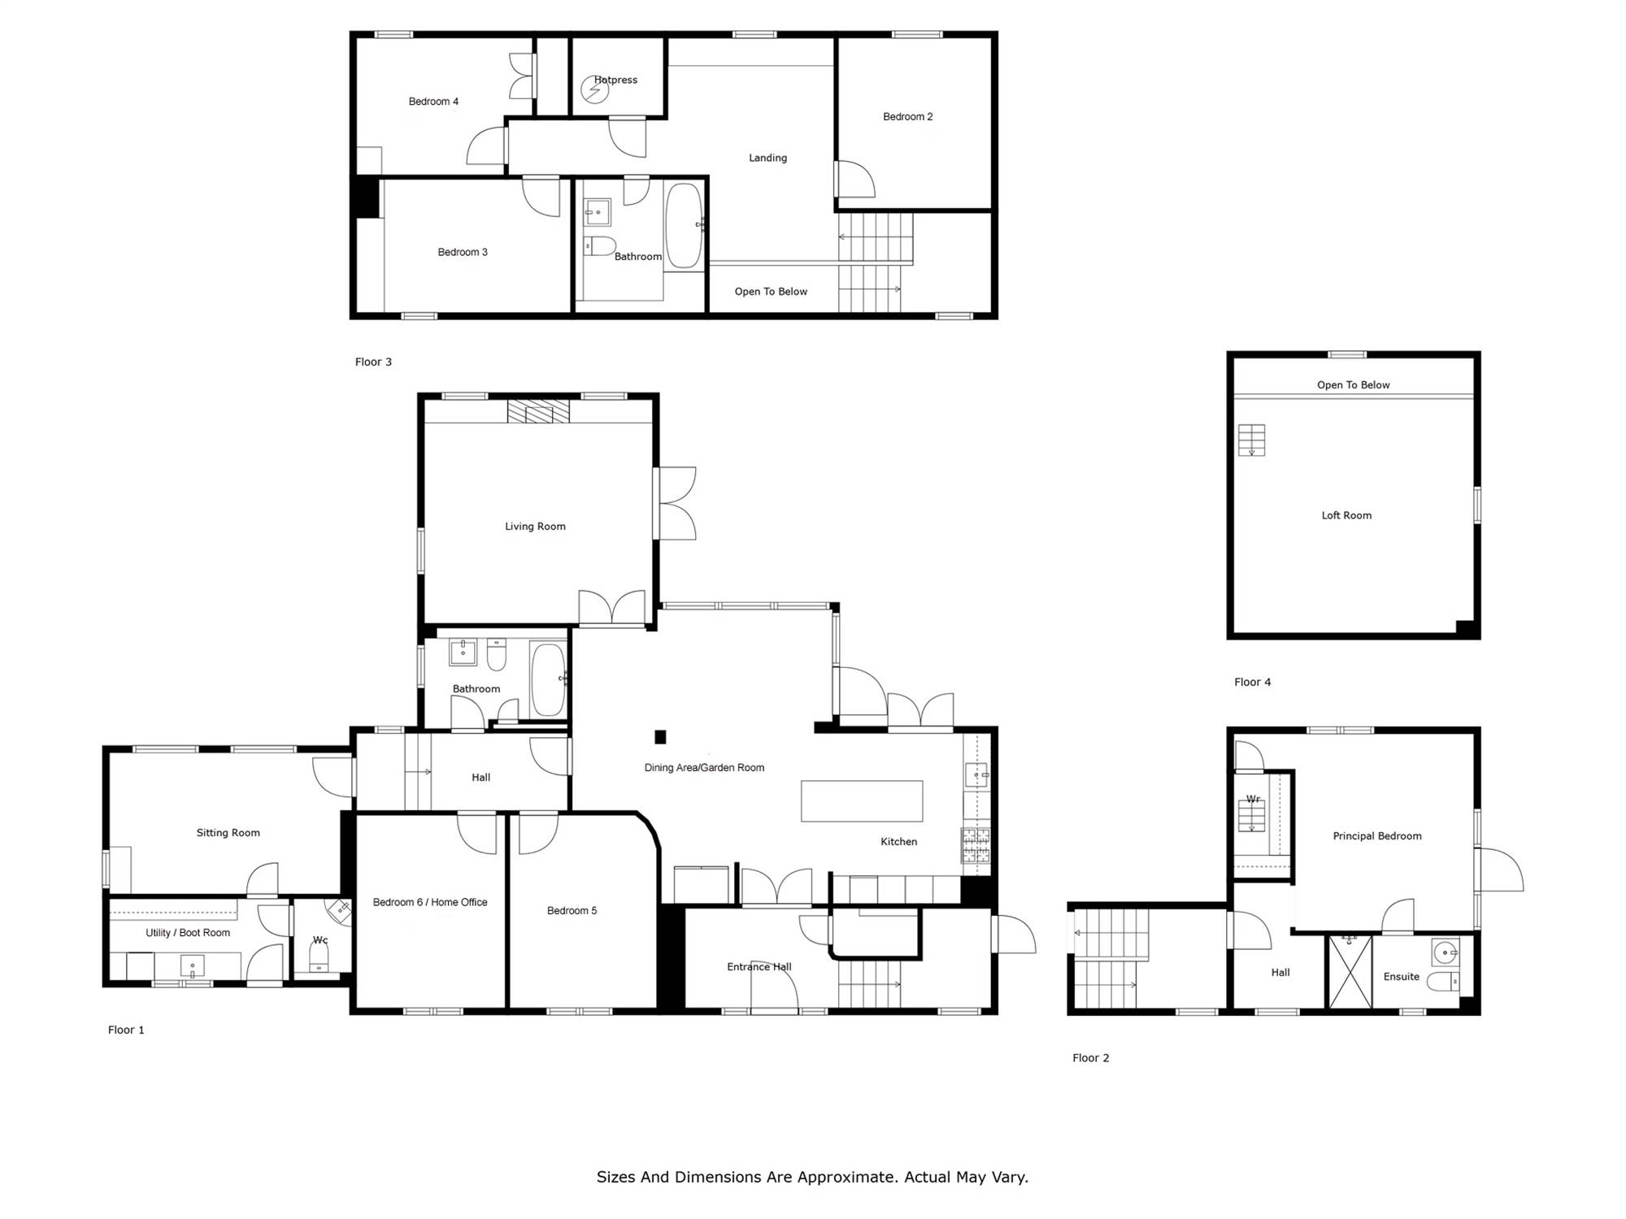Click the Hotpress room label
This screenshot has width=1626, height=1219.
pos(615,80)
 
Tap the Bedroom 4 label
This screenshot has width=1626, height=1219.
pos(433,102)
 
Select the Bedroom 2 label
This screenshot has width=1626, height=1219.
pos(908,117)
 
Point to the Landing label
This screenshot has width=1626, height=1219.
pos(768,158)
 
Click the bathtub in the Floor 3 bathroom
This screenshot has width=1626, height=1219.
pos(684,225)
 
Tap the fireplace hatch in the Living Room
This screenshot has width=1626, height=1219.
pos(538,411)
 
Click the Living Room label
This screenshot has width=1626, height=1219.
pos(535,527)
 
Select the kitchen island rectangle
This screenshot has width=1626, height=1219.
pos(862,801)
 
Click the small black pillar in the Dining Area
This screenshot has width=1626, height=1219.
pos(660,737)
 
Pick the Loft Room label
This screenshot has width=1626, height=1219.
pos(1346,515)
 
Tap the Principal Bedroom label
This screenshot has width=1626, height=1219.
pos(1377,836)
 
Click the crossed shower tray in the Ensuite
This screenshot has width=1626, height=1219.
pos(1350,972)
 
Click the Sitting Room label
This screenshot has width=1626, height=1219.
pos(228,833)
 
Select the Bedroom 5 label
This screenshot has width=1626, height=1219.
pos(572,911)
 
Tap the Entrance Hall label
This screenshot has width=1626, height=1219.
pos(759,967)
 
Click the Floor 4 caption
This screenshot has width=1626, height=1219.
pos(1253,683)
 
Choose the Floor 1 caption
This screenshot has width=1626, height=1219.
pos(126,1030)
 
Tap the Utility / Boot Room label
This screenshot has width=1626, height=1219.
pos(188,933)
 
